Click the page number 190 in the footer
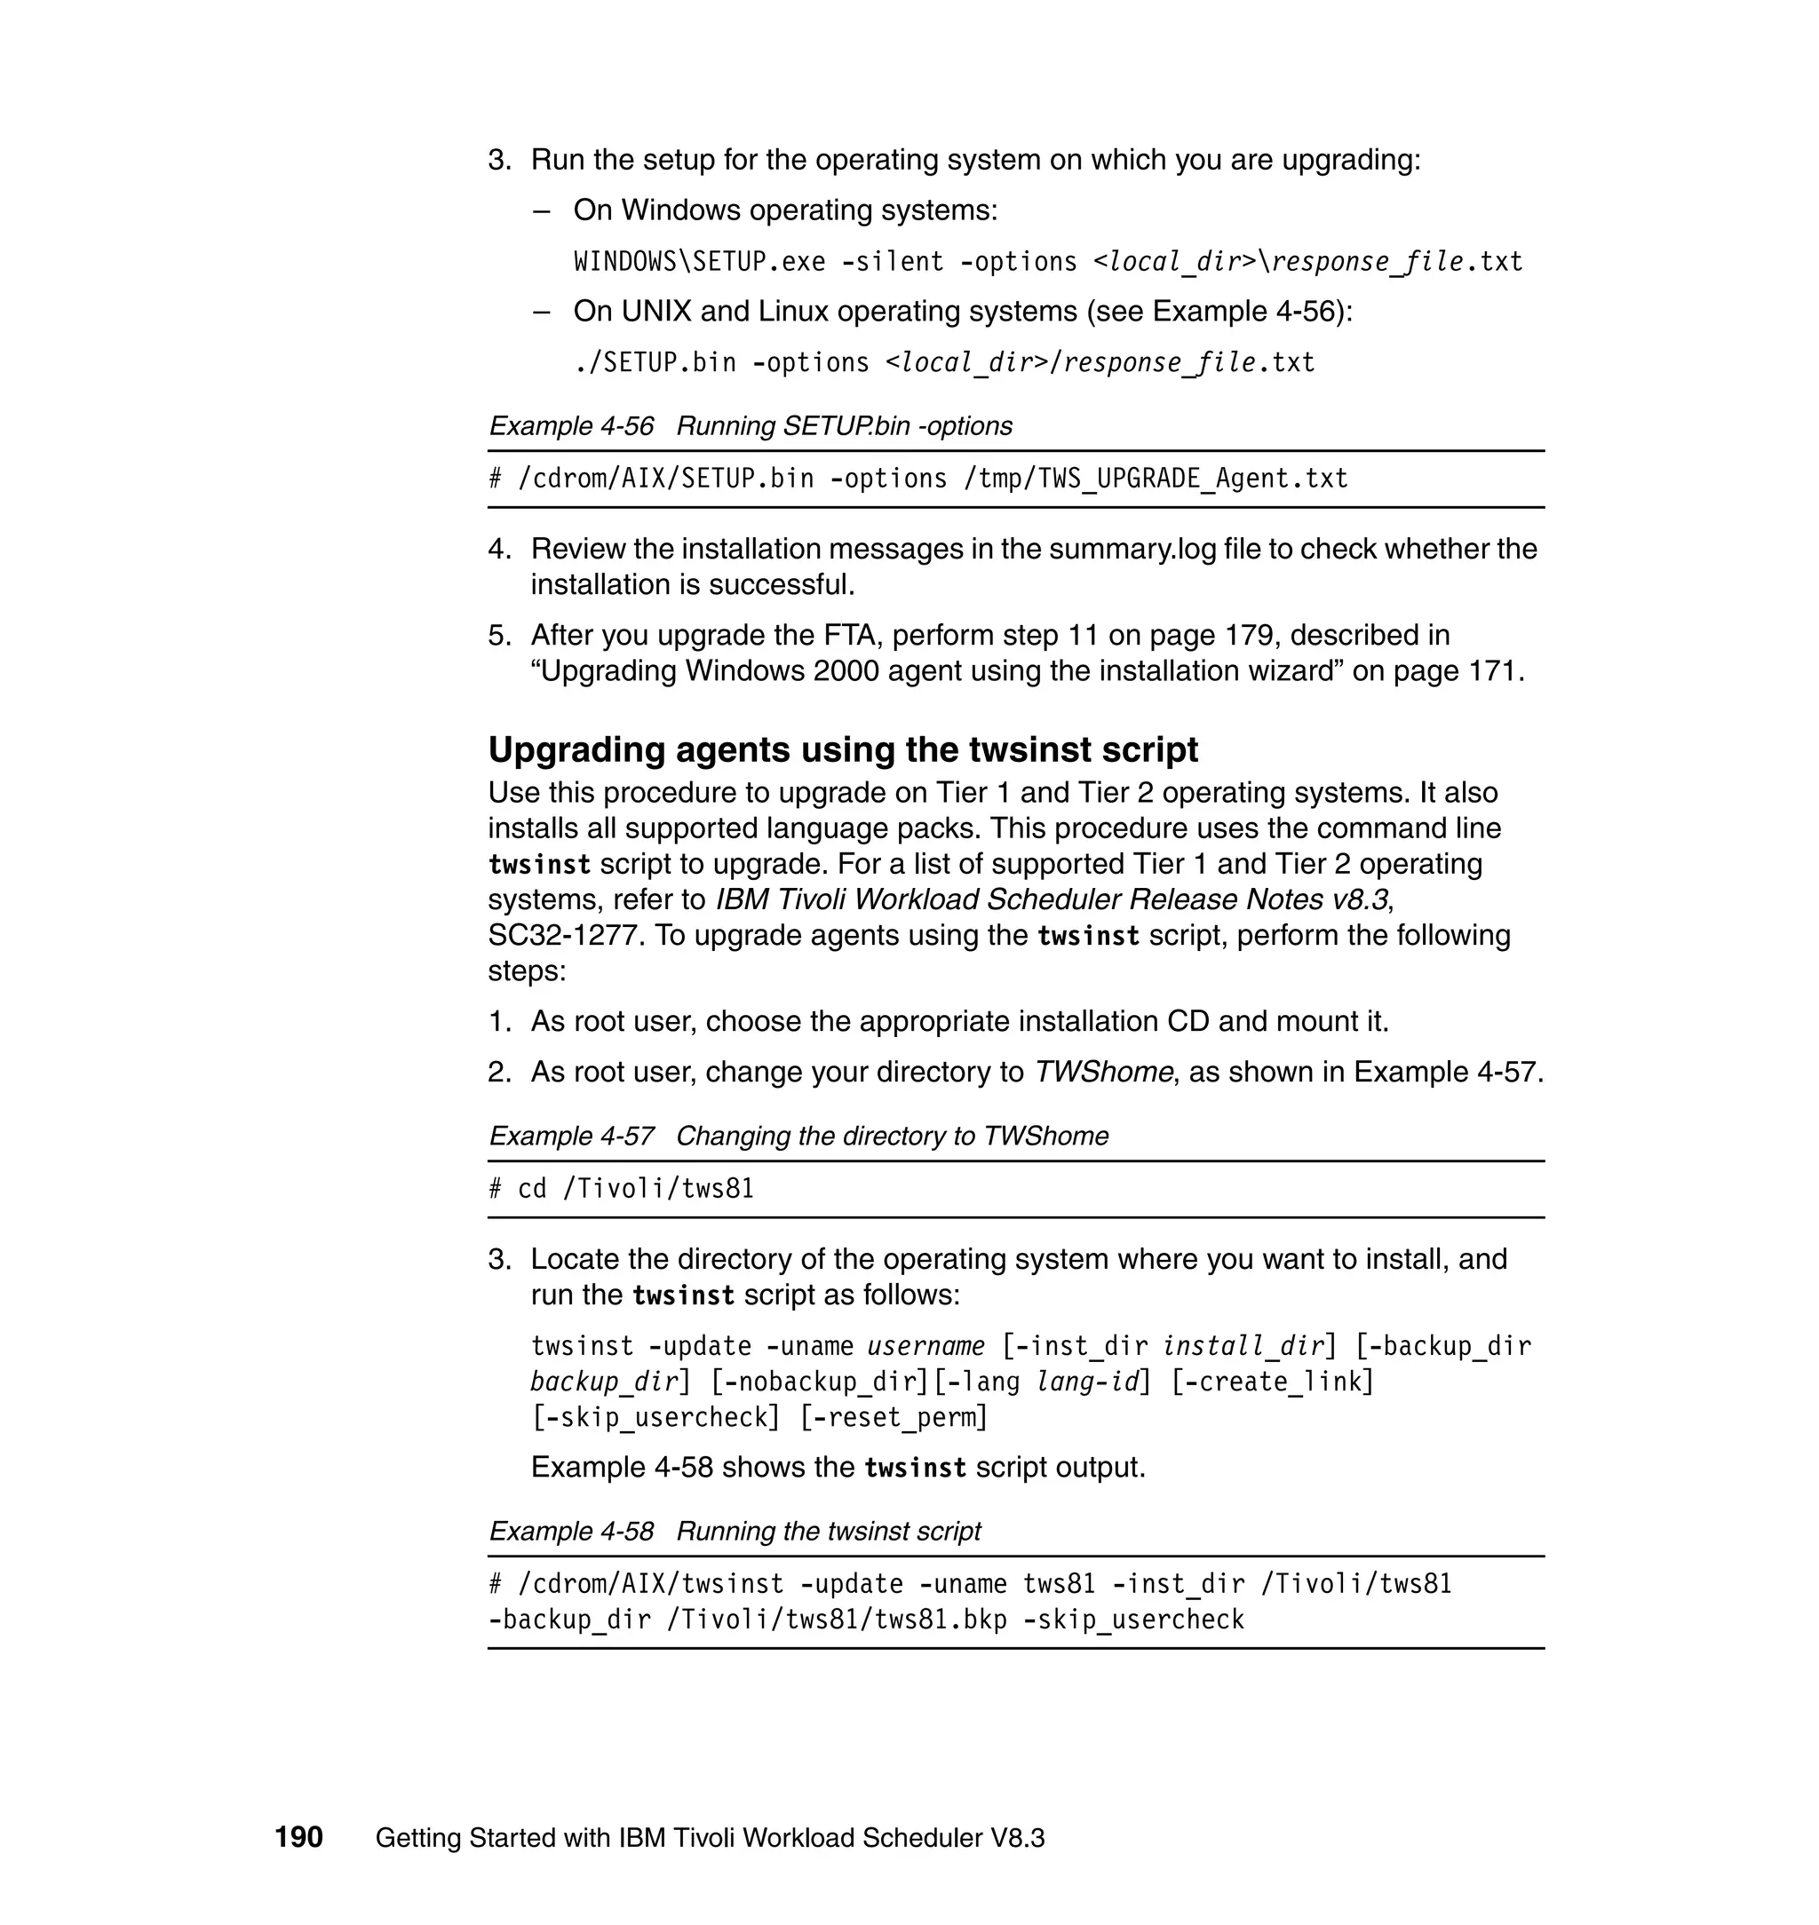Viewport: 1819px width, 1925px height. [x=298, y=1837]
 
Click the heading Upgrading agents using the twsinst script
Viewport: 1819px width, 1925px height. [x=843, y=749]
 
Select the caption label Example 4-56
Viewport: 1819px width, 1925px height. [x=571, y=425]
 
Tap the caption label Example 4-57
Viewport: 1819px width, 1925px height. [x=571, y=1135]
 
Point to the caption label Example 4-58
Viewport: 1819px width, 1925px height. [x=571, y=1531]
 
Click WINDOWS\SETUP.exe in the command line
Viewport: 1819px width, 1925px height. [x=699, y=262]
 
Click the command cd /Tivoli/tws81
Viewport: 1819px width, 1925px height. [x=635, y=1188]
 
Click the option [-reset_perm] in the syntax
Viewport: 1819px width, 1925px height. [x=894, y=1417]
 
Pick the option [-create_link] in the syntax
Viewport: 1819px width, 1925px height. [x=1273, y=1382]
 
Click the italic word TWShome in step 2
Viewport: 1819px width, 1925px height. [x=1103, y=1072]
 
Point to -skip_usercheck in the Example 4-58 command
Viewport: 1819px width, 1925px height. [x=1133, y=1620]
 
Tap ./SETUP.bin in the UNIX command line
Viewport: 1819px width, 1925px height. [x=655, y=362]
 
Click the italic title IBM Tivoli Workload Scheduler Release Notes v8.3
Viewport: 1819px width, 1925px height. [x=1052, y=899]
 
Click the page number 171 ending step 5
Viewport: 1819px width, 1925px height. [x=1491, y=670]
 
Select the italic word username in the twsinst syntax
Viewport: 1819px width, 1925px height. [x=926, y=1346]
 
